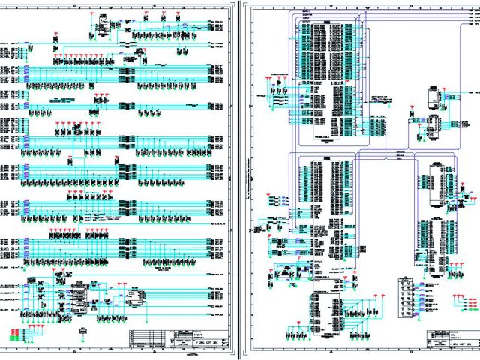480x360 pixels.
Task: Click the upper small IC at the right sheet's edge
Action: (433, 97)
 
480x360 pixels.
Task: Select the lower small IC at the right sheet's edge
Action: (433, 127)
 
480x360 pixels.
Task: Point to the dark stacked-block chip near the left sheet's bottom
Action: (79, 296)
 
